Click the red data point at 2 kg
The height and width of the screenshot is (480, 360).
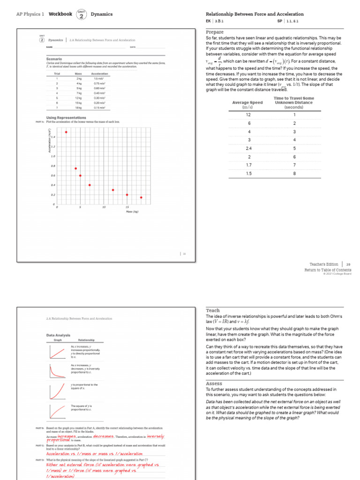(x=66, y=132)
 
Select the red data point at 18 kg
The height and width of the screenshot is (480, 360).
(x=141, y=197)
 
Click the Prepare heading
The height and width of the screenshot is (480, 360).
(x=215, y=32)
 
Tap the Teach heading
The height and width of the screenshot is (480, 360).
(x=213, y=310)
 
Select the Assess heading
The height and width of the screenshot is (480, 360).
(x=214, y=383)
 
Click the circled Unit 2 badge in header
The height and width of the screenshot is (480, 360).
(x=82, y=15)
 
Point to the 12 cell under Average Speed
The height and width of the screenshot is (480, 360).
(x=248, y=115)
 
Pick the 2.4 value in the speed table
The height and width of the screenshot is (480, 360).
(x=248, y=149)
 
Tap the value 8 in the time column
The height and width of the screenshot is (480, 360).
(x=294, y=174)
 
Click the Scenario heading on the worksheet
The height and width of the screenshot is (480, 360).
(x=54, y=60)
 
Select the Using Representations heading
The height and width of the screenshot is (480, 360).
(x=66, y=118)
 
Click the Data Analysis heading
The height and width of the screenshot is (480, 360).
(x=58, y=335)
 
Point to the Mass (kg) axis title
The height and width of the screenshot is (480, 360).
(x=133, y=212)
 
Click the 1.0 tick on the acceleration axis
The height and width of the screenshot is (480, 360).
(x=53, y=156)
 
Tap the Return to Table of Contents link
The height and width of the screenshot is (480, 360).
(x=328, y=270)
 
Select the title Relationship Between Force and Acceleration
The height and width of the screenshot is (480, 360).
(x=255, y=14)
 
